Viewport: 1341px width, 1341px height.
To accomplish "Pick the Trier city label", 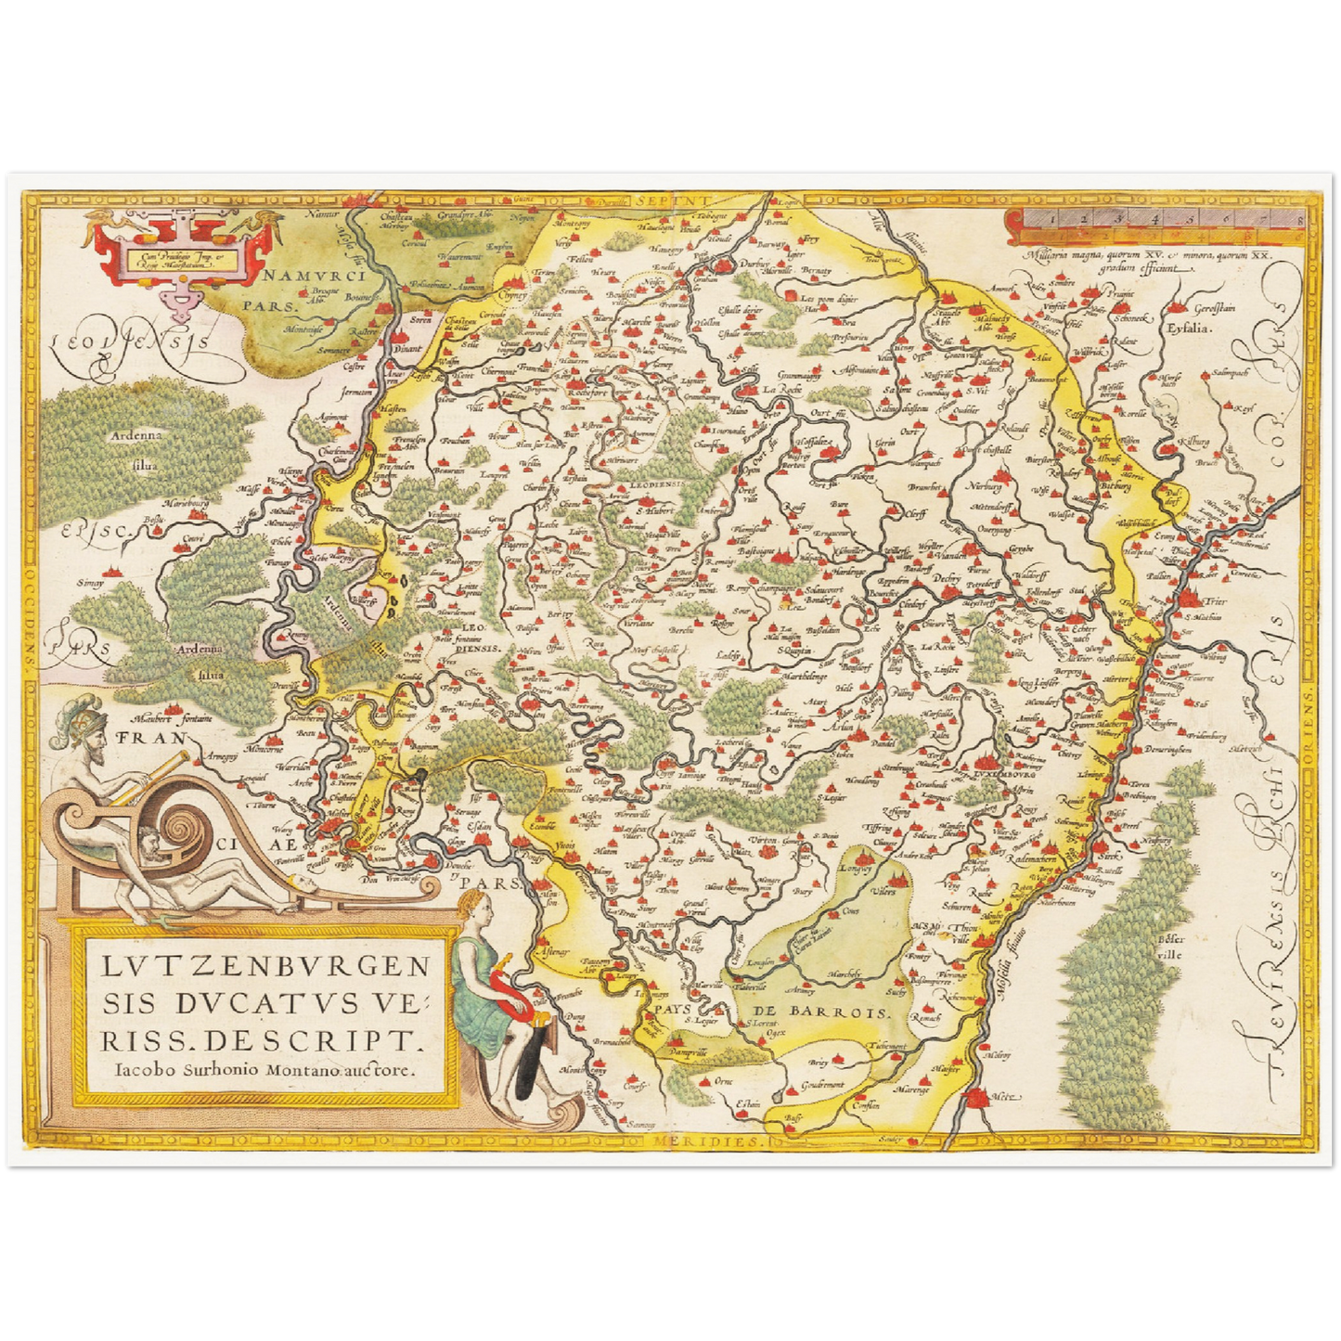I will click(1215, 601).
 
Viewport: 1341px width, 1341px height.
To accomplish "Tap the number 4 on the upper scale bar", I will click(1154, 219).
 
